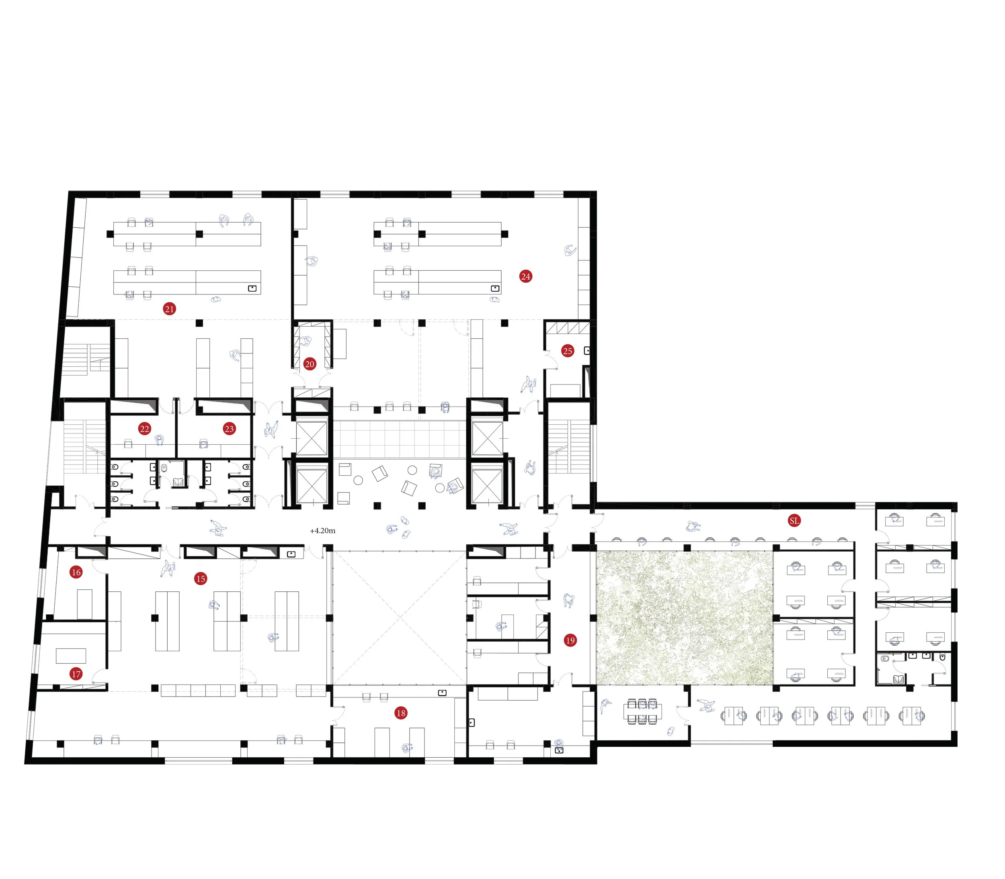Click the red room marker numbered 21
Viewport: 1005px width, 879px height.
tap(169, 309)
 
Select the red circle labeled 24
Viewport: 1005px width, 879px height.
tap(525, 277)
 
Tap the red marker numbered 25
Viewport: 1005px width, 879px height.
tap(567, 351)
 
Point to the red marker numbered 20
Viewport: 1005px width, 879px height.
tap(309, 364)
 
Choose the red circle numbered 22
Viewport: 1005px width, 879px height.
tap(144, 429)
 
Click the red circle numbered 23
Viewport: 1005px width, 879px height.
tap(229, 429)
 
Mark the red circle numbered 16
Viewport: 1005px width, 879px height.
tap(76, 572)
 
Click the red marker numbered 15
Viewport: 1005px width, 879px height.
tap(200, 579)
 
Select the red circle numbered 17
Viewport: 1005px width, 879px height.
tap(76, 675)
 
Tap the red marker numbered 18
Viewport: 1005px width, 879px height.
tap(400, 713)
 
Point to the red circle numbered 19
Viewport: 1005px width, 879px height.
tap(570, 641)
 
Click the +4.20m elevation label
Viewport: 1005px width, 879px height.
tap(322, 531)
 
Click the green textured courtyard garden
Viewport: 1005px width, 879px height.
tap(684, 617)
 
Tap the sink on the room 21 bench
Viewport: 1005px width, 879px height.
tap(252, 288)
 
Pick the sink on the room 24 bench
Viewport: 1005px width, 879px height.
tap(495, 288)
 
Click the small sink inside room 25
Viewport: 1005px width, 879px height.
tap(587, 351)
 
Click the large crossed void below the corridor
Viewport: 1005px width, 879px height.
tap(399, 618)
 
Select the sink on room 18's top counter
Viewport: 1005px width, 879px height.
tap(442, 693)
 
